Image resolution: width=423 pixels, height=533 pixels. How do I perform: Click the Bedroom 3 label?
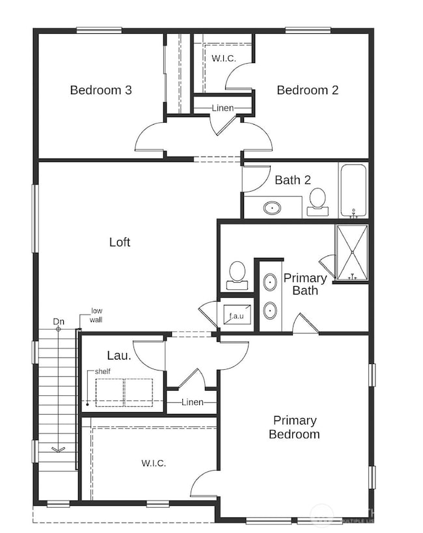tap(101, 90)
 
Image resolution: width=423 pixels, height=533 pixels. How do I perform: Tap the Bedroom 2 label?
tap(307, 90)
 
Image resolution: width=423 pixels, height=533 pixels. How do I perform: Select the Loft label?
tap(120, 242)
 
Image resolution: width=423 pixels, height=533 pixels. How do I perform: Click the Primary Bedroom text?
tap(294, 427)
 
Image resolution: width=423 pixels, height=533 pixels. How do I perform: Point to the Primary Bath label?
tap(305, 284)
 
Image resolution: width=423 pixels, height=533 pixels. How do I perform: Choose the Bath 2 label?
tap(292, 180)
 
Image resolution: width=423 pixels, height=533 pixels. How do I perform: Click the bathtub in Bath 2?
tap(353, 190)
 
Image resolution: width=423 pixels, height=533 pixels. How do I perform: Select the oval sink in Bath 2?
tap(273, 208)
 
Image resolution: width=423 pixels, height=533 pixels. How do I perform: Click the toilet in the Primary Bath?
tap(236, 275)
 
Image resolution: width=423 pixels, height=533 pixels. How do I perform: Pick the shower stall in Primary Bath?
tap(351, 252)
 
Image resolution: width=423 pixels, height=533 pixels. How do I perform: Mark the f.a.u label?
tap(236, 317)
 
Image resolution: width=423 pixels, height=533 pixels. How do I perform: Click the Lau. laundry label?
tap(119, 356)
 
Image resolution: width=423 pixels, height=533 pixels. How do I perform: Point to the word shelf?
tap(102, 371)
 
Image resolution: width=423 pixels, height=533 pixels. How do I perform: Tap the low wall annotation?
tap(96, 315)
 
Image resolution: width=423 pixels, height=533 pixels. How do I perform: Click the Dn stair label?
tap(59, 322)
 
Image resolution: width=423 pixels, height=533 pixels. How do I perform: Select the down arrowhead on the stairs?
tap(58, 448)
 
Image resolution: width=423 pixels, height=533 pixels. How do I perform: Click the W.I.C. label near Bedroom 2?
tap(223, 58)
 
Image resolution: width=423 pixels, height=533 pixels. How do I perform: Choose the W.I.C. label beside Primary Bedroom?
tap(154, 463)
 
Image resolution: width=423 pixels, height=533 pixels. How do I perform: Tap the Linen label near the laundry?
tap(192, 402)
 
